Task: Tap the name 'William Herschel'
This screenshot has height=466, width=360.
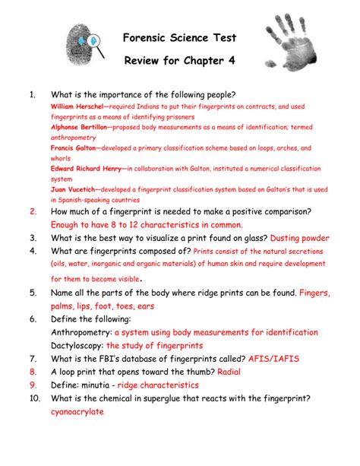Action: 76,106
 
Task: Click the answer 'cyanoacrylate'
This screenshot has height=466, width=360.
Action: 77,412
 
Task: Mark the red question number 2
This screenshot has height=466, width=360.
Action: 33,211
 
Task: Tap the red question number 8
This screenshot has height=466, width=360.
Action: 33,372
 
